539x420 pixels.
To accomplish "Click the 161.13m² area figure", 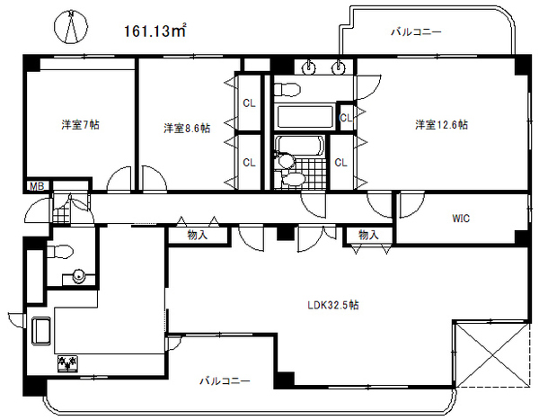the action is pyautogui.click(x=155, y=31).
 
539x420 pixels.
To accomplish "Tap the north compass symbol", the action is pyautogui.click(x=71, y=27).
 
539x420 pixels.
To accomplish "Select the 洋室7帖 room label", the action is pyautogui.click(x=81, y=125).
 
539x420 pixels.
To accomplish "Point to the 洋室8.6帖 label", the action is pyautogui.click(x=187, y=128).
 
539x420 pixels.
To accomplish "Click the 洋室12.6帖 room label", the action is pyautogui.click(x=441, y=124).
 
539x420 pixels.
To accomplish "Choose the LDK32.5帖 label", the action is pyautogui.click(x=333, y=305).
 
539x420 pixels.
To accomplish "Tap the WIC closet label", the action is pyautogui.click(x=461, y=219).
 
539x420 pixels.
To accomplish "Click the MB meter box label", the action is pyautogui.click(x=37, y=186).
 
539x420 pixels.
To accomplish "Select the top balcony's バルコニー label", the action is pyautogui.click(x=416, y=32).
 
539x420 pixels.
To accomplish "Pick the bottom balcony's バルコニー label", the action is pyautogui.click(x=225, y=381).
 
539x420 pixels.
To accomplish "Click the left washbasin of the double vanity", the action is pyautogui.click(x=311, y=67).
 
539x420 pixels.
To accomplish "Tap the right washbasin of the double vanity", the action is pyautogui.click(x=340, y=67).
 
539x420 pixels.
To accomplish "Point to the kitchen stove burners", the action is pyautogui.click(x=67, y=364).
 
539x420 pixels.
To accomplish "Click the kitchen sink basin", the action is pyautogui.click(x=41, y=331).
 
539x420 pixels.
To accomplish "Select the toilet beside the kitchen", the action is pyautogui.click(x=60, y=252).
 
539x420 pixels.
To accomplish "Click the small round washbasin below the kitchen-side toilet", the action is pyautogui.click(x=79, y=276).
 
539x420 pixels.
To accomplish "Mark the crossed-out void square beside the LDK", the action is pyautogui.click(x=492, y=355).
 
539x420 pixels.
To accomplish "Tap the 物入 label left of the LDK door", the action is pyautogui.click(x=198, y=235).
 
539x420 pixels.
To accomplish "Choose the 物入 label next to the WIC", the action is pyautogui.click(x=368, y=235).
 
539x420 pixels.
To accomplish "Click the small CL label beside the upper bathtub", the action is pyautogui.click(x=346, y=118).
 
